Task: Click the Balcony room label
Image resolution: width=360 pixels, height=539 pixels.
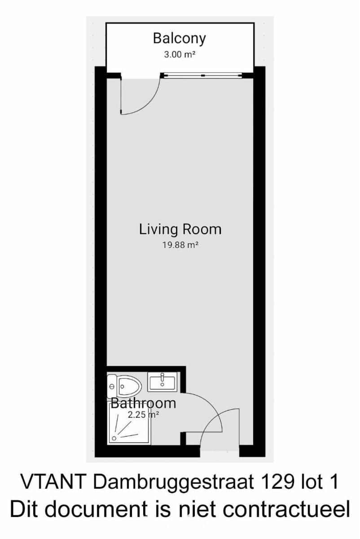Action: coord(180,39)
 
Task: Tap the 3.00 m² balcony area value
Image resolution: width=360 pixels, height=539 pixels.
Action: coord(180,55)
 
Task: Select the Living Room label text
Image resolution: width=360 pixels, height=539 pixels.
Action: coord(180,229)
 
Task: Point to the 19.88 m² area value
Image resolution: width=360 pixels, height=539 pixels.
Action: coord(180,245)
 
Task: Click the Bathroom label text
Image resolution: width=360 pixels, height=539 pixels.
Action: coord(143,403)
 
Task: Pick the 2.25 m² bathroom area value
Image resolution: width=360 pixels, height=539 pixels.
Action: coord(143,415)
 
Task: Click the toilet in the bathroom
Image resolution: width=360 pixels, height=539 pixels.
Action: coord(124,386)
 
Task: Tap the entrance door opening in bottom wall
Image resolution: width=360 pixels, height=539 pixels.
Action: coord(220,450)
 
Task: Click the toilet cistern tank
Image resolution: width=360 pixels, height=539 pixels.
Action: coord(112,386)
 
